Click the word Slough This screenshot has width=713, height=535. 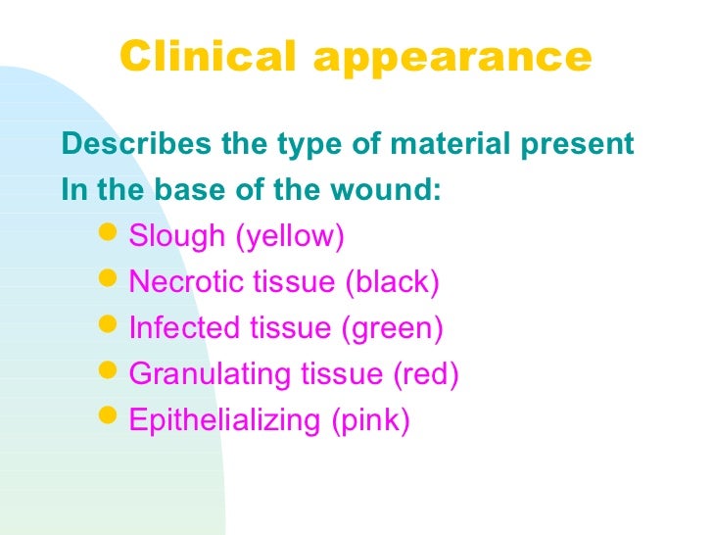click(176, 237)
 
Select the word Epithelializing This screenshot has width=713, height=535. click(224, 421)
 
